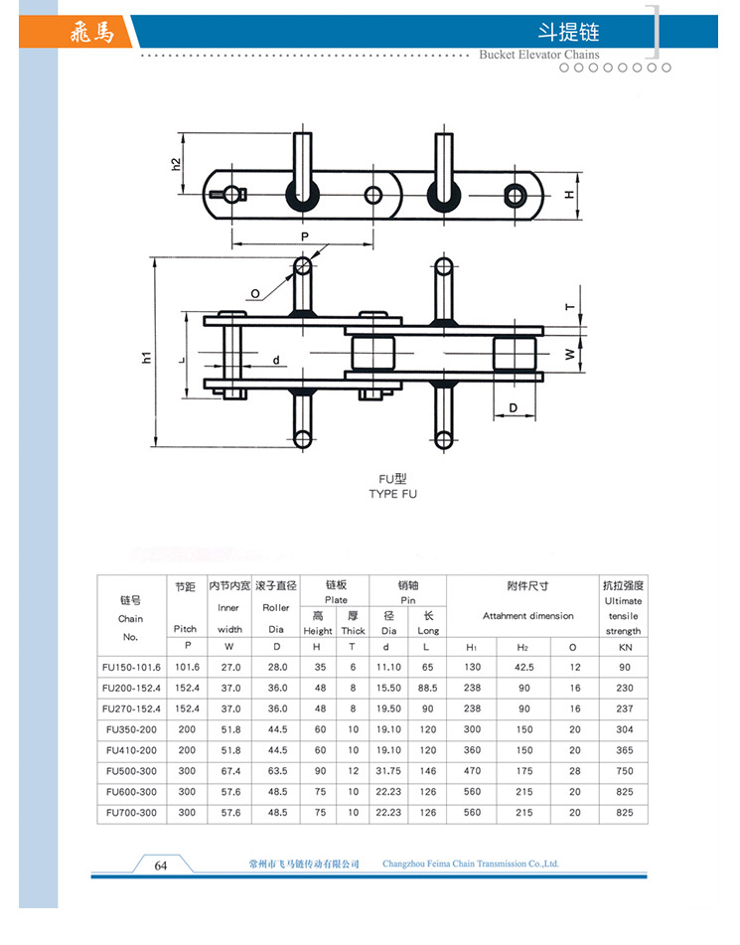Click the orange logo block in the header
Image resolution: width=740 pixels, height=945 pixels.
coord(75,32)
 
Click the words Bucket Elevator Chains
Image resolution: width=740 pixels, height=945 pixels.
coord(539,55)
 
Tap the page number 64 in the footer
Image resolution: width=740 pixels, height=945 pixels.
coord(161,866)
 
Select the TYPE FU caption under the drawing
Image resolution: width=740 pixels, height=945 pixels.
coord(393,494)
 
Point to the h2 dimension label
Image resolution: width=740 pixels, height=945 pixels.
coord(176,164)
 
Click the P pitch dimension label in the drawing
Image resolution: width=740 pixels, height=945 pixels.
coord(304,236)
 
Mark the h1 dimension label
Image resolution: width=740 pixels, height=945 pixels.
coord(146,358)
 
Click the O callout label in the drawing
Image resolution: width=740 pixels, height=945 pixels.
coord(255,294)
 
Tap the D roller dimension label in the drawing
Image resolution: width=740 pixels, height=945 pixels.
coord(513,408)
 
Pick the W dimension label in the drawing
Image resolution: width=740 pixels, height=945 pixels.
coord(569,355)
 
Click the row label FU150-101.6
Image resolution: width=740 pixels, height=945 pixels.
coord(131,667)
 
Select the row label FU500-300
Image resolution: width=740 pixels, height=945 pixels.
coord(131,771)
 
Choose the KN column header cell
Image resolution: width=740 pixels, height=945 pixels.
coord(625,647)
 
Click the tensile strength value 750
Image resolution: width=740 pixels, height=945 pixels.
coord(625,771)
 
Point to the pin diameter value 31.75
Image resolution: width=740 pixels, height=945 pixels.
coord(388,771)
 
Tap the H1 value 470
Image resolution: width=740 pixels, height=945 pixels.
coord(472,771)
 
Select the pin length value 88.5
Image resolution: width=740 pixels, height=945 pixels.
coord(427,688)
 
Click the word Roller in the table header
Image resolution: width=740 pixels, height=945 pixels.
coord(276,607)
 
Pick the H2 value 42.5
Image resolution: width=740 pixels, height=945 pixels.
coord(524,667)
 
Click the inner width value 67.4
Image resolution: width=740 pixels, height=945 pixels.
coord(230,771)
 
